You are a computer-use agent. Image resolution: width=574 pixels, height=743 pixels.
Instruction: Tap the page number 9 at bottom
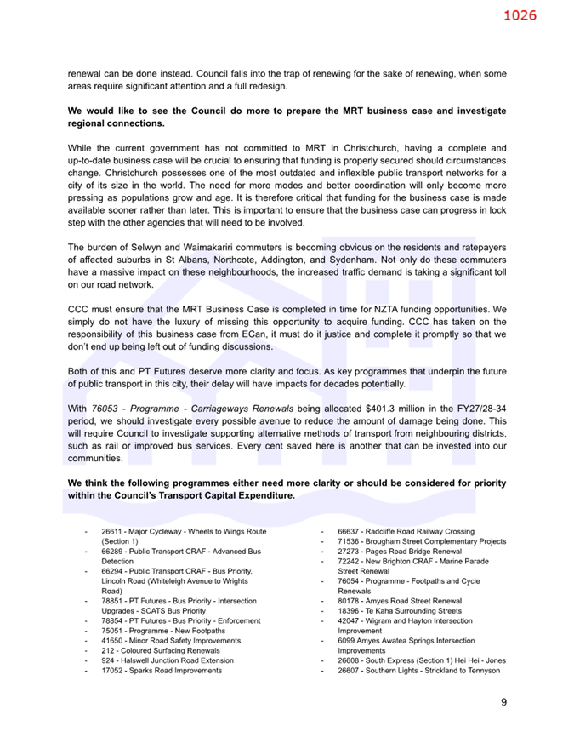(x=503, y=701)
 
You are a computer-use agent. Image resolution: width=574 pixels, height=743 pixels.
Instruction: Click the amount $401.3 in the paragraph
(x=362, y=409)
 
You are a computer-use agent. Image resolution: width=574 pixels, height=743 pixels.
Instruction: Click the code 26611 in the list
(x=112, y=531)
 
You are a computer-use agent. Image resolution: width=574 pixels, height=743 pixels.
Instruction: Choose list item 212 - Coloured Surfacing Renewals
(x=160, y=649)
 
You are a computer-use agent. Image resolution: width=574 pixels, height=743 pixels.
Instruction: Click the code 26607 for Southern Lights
(x=349, y=670)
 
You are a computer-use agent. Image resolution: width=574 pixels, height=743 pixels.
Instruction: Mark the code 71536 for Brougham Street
(x=349, y=541)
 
